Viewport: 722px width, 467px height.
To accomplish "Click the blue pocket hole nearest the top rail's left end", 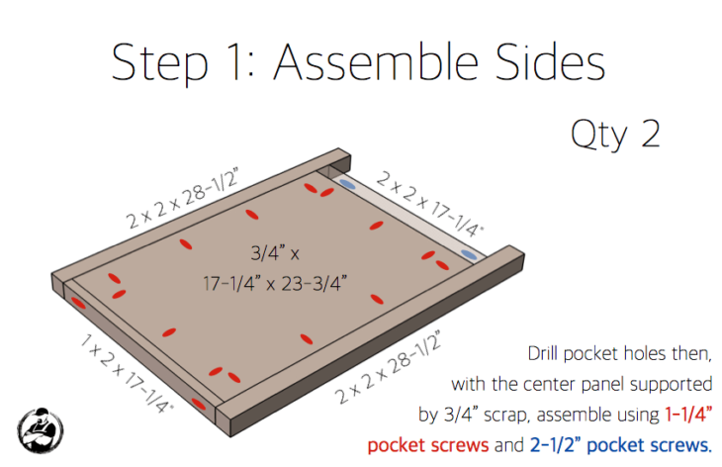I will (346, 184).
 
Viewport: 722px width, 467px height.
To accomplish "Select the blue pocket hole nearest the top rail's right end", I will (471, 256).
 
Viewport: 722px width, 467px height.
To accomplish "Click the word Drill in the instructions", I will (550, 353).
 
